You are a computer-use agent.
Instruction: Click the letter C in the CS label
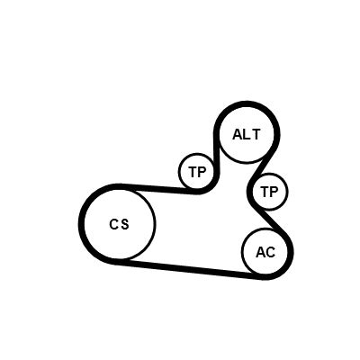[114, 224]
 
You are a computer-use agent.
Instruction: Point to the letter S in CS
[125, 224]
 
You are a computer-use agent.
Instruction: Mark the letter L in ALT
[246, 134]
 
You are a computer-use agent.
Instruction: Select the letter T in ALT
[256, 134]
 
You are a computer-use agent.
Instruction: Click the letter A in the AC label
[260, 252]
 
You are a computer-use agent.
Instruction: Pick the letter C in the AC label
[270, 252]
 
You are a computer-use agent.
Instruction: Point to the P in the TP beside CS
[202, 172]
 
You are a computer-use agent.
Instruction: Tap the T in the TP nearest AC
[265, 192]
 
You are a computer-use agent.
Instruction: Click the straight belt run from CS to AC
[188, 269]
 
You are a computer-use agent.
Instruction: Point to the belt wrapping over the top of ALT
[247, 103]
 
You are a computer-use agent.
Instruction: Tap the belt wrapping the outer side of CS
[81, 224]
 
